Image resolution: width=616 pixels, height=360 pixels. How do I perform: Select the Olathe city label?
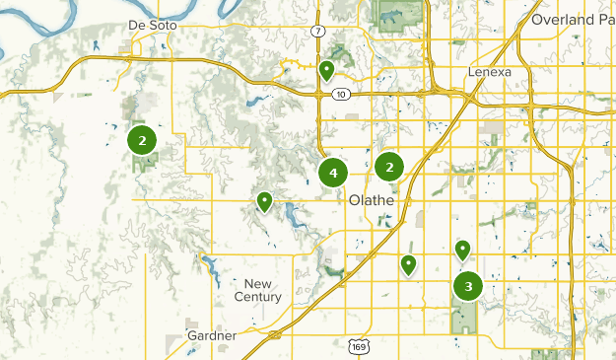point(372,200)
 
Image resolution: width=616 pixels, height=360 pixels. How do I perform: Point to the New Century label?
point(258,290)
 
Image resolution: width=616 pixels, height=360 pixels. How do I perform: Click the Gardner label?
point(213,335)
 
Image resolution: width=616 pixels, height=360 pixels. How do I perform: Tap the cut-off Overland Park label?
point(572,19)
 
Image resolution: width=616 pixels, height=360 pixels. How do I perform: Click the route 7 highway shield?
point(317,32)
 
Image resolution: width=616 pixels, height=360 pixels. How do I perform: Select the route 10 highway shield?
point(340,94)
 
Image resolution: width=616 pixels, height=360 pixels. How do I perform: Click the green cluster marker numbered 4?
point(333,174)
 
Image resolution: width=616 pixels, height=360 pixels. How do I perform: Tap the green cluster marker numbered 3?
point(468,287)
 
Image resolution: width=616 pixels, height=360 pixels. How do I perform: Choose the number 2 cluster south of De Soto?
point(143,140)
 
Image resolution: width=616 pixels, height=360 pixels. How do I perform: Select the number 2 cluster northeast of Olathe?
point(390,168)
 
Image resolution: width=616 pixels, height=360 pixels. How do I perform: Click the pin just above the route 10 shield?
point(326,70)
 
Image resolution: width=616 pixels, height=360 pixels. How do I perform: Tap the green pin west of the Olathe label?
point(264,201)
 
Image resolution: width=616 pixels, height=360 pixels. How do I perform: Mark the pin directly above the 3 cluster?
point(462,250)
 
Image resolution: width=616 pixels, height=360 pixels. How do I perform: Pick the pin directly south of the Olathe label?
point(408,264)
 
